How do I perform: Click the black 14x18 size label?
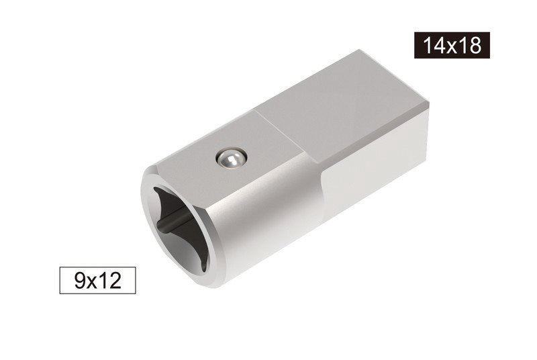click(452, 45)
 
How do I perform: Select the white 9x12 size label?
click(97, 279)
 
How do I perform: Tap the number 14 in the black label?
click(434, 45)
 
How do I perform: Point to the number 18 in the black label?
click(471, 45)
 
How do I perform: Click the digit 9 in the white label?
click(79, 279)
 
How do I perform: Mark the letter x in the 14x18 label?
click(452, 46)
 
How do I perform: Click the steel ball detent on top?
click(230, 159)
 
